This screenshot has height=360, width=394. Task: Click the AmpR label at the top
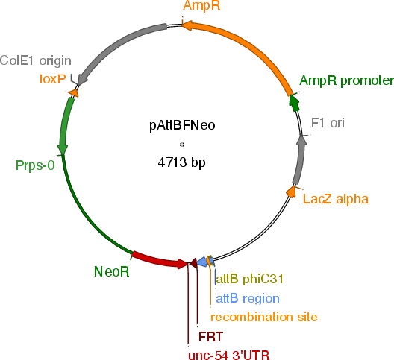pos(201,5)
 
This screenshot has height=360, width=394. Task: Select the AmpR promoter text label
pos(346,80)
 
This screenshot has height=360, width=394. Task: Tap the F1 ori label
pos(328,123)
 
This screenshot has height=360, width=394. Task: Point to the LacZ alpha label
pos(336,199)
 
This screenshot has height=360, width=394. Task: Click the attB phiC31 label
pos(250,279)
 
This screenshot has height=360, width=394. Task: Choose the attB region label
pos(248,298)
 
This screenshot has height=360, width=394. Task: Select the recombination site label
pos(264,317)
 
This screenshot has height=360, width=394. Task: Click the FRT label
pos(210,337)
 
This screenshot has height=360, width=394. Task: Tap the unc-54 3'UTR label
pos(229,355)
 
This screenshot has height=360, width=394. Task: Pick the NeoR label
pos(112,271)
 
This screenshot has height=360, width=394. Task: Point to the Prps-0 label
pos(35,165)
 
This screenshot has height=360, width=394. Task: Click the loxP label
pos(53,79)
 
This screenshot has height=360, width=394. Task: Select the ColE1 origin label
pos(36,61)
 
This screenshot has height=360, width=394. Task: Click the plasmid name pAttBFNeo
pos(182,125)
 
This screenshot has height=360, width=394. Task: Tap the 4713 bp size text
pos(181,162)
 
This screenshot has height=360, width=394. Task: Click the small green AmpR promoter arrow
pos(295,102)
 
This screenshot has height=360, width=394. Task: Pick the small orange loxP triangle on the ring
pos(73,92)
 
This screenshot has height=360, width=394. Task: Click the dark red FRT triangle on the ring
pos(193,263)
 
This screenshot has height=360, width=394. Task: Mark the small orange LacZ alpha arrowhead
pos(291,192)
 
